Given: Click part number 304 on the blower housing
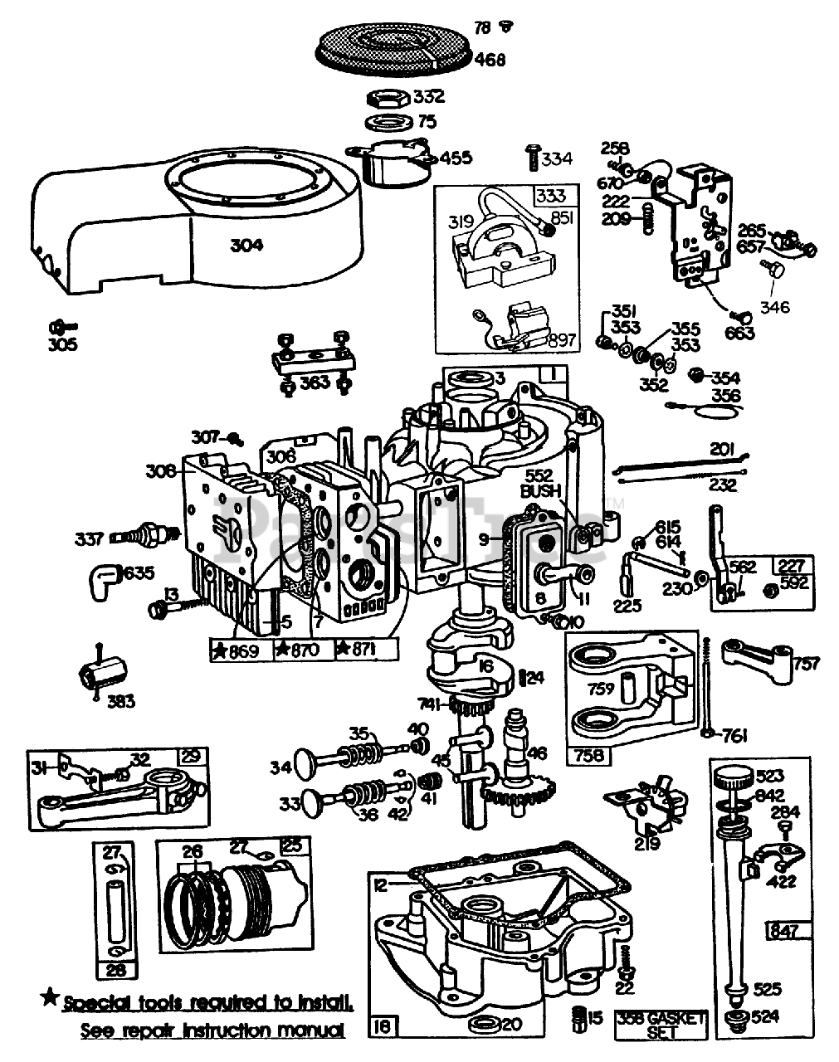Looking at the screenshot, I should (247, 245).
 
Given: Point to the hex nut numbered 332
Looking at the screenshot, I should (387, 98).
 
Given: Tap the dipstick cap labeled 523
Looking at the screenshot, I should (732, 781).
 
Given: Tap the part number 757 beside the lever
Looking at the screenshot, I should (806, 663).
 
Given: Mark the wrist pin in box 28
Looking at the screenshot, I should (116, 900).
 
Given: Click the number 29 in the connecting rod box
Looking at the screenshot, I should (192, 756).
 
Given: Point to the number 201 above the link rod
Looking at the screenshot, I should (723, 449).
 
